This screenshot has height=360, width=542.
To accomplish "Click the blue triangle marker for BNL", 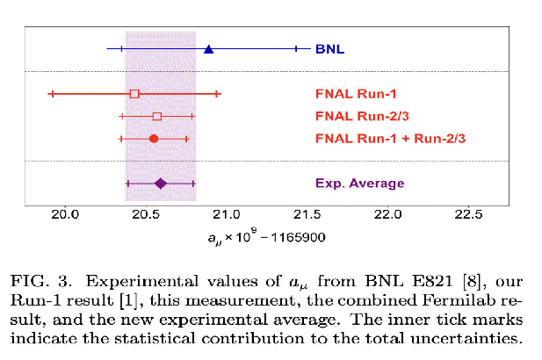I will click(x=208, y=49).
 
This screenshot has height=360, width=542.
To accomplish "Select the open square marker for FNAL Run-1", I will click(x=134, y=93).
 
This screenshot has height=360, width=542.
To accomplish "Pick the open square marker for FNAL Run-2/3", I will click(x=156, y=116).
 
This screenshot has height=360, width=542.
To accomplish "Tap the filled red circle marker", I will click(x=154, y=139).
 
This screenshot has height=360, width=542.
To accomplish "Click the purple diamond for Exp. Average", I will click(x=160, y=184).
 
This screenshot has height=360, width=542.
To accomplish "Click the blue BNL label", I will click(x=329, y=49).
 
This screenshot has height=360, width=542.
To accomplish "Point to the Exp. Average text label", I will click(x=359, y=184).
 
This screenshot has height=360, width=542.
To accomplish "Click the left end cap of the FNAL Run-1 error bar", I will click(x=52, y=93).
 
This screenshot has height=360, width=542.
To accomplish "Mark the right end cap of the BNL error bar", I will click(x=296, y=49).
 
